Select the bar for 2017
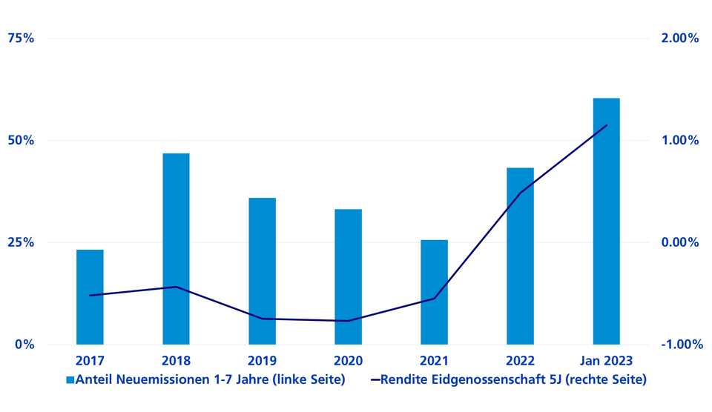tap(90, 296)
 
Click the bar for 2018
tap(176, 249)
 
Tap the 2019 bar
tap(262, 271)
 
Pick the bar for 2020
tap(348, 276)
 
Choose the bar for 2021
tap(434, 292)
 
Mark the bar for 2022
tap(520, 256)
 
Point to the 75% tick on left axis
tap(21, 39)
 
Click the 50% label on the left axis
tap(21, 140)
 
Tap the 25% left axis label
tap(21, 242)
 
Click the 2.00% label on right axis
tap(676, 39)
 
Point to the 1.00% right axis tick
tap(676, 140)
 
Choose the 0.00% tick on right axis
tap(676, 242)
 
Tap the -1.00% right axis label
tap(674, 345)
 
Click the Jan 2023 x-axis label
tap(606, 361)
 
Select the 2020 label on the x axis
tap(348, 361)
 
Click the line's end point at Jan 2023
tap(607, 125)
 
